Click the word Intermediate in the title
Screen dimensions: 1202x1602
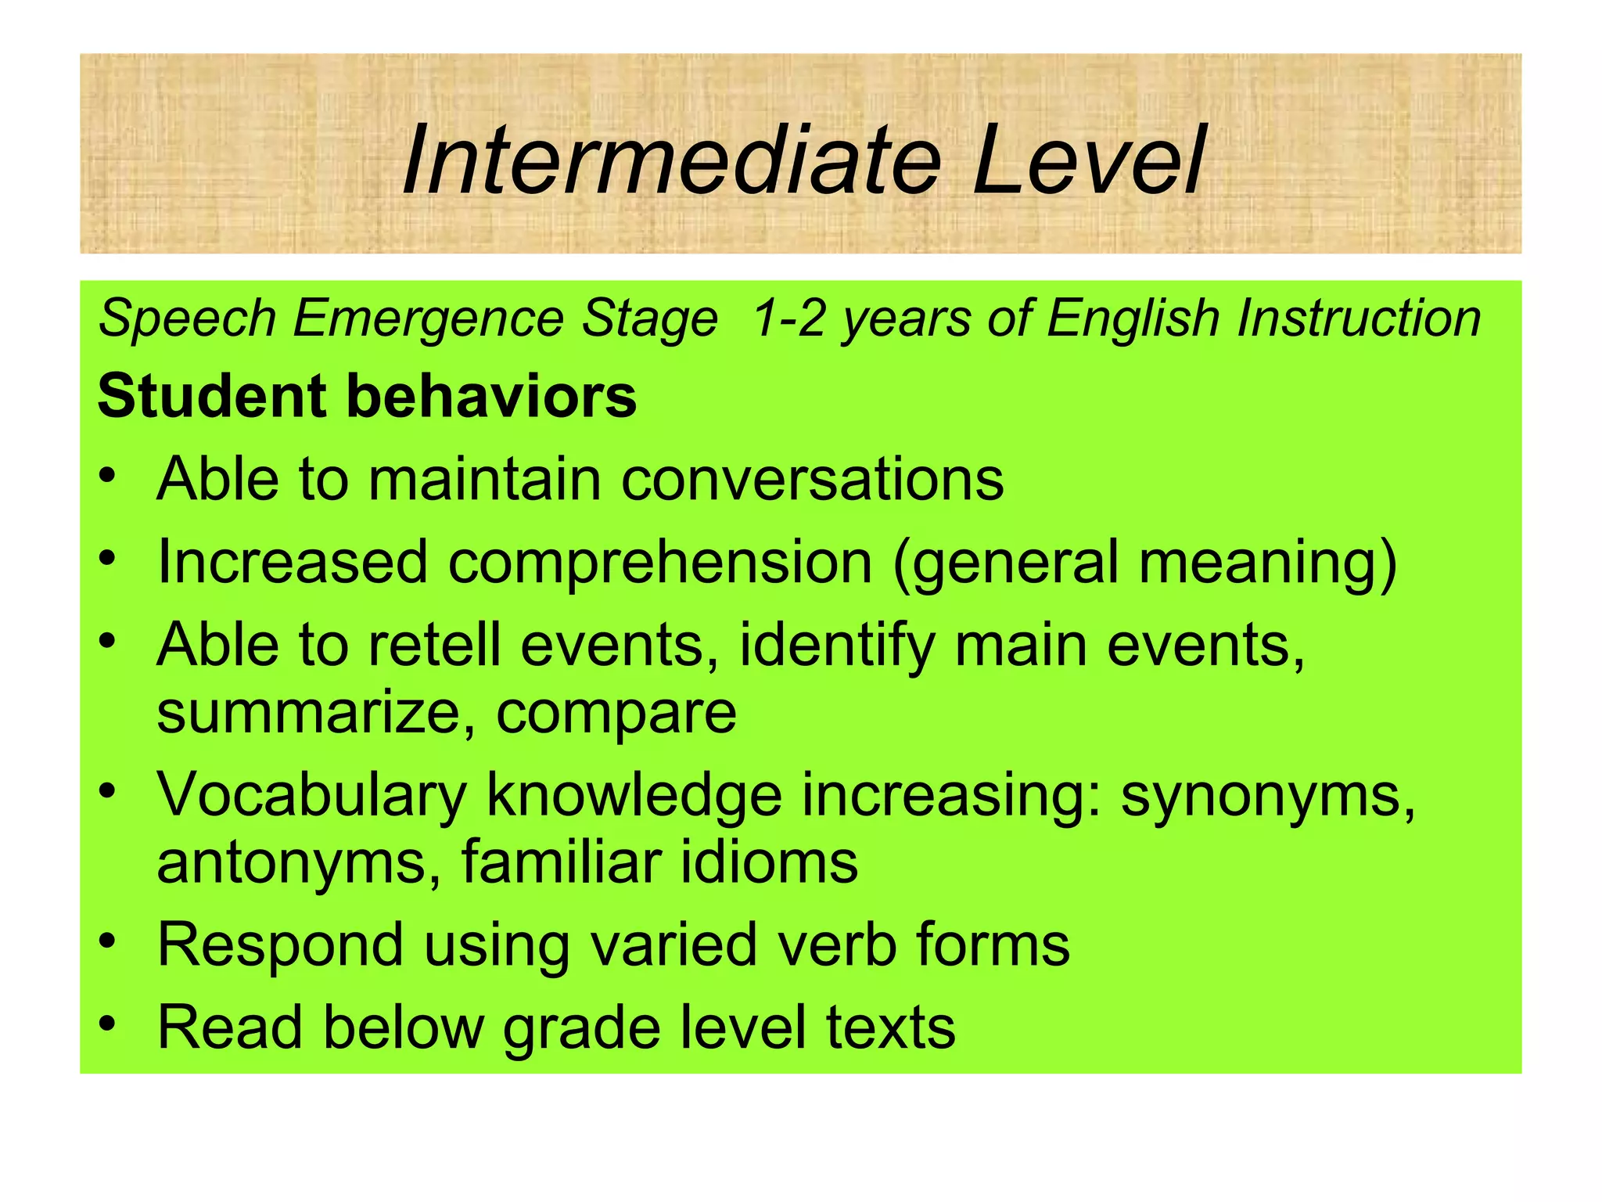(673, 160)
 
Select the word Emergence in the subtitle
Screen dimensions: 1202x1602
(427, 319)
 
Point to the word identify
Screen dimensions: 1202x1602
(837, 645)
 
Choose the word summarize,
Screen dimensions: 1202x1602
(316, 714)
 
